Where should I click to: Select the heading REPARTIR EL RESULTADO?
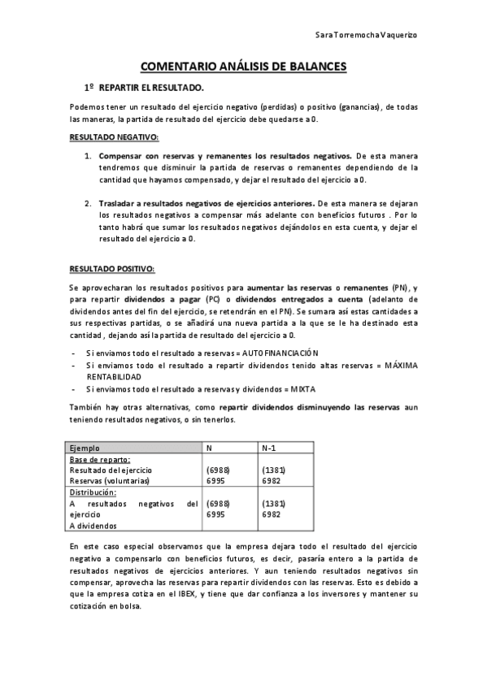(151, 87)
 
